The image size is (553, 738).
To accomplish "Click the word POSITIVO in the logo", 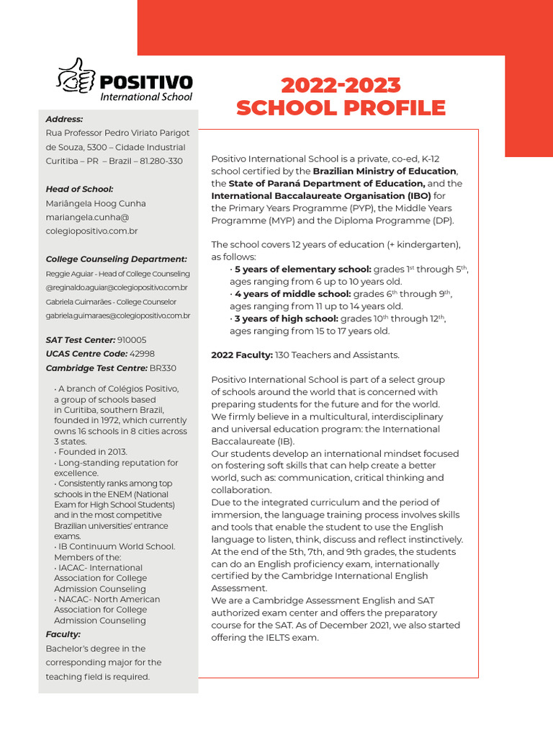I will [x=146, y=81].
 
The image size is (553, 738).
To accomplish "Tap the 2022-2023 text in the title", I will [x=341, y=85].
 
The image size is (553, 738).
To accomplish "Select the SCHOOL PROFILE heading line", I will [x=341, y=108].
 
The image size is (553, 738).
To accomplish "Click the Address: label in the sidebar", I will [x=64, y=119].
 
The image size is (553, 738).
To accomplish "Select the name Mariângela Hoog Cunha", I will [x=96, y=203].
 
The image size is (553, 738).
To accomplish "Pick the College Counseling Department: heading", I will [x=116, y=259].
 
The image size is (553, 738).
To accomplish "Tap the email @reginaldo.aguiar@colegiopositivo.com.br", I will [x=117, y=288].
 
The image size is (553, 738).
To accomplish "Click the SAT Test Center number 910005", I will [x=132, y=339].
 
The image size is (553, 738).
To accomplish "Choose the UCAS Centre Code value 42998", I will [x=142, y=354].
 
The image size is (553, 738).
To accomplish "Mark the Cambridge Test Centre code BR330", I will [x=163, y=368].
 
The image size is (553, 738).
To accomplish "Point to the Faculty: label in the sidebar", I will [x=63, y=634].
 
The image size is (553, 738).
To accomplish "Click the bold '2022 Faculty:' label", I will [x=242, y=355].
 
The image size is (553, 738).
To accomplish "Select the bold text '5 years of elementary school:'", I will [x=302, y=270].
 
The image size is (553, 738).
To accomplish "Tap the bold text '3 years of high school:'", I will [x=286, y=319].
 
